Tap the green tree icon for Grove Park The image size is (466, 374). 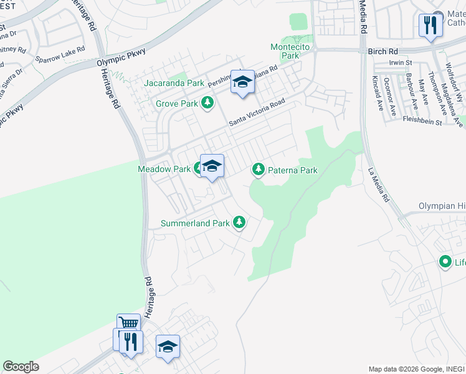pyautogui.click(x=207, y=103)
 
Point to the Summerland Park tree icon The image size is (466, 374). pyautogui.click(x=239, y=222)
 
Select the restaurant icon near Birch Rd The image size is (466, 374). pyautogui.click(x=430, y=26)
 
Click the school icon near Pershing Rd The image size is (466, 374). pyautogui.click(x=243, y=82)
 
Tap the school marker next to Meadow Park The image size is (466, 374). pyautogui.click(x=212, y=166)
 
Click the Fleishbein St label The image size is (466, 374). pyautogui.click(x=422, y=122)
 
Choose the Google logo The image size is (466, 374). pyautogui.click(x=21, y=367)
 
